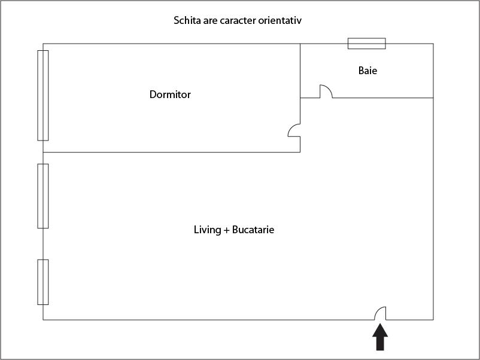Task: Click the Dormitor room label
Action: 170,94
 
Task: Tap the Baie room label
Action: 367,71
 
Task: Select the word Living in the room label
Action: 207,230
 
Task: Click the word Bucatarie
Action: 253,230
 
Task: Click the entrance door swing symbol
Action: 380,313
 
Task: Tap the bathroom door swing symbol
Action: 326,91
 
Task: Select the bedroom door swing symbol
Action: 294,130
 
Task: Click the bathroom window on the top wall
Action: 366,44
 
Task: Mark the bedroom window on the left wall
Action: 43,95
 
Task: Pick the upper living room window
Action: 43,196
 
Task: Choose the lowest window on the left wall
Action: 43,282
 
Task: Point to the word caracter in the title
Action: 236,21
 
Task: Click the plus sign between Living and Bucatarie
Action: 226,230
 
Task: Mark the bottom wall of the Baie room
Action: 383,97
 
